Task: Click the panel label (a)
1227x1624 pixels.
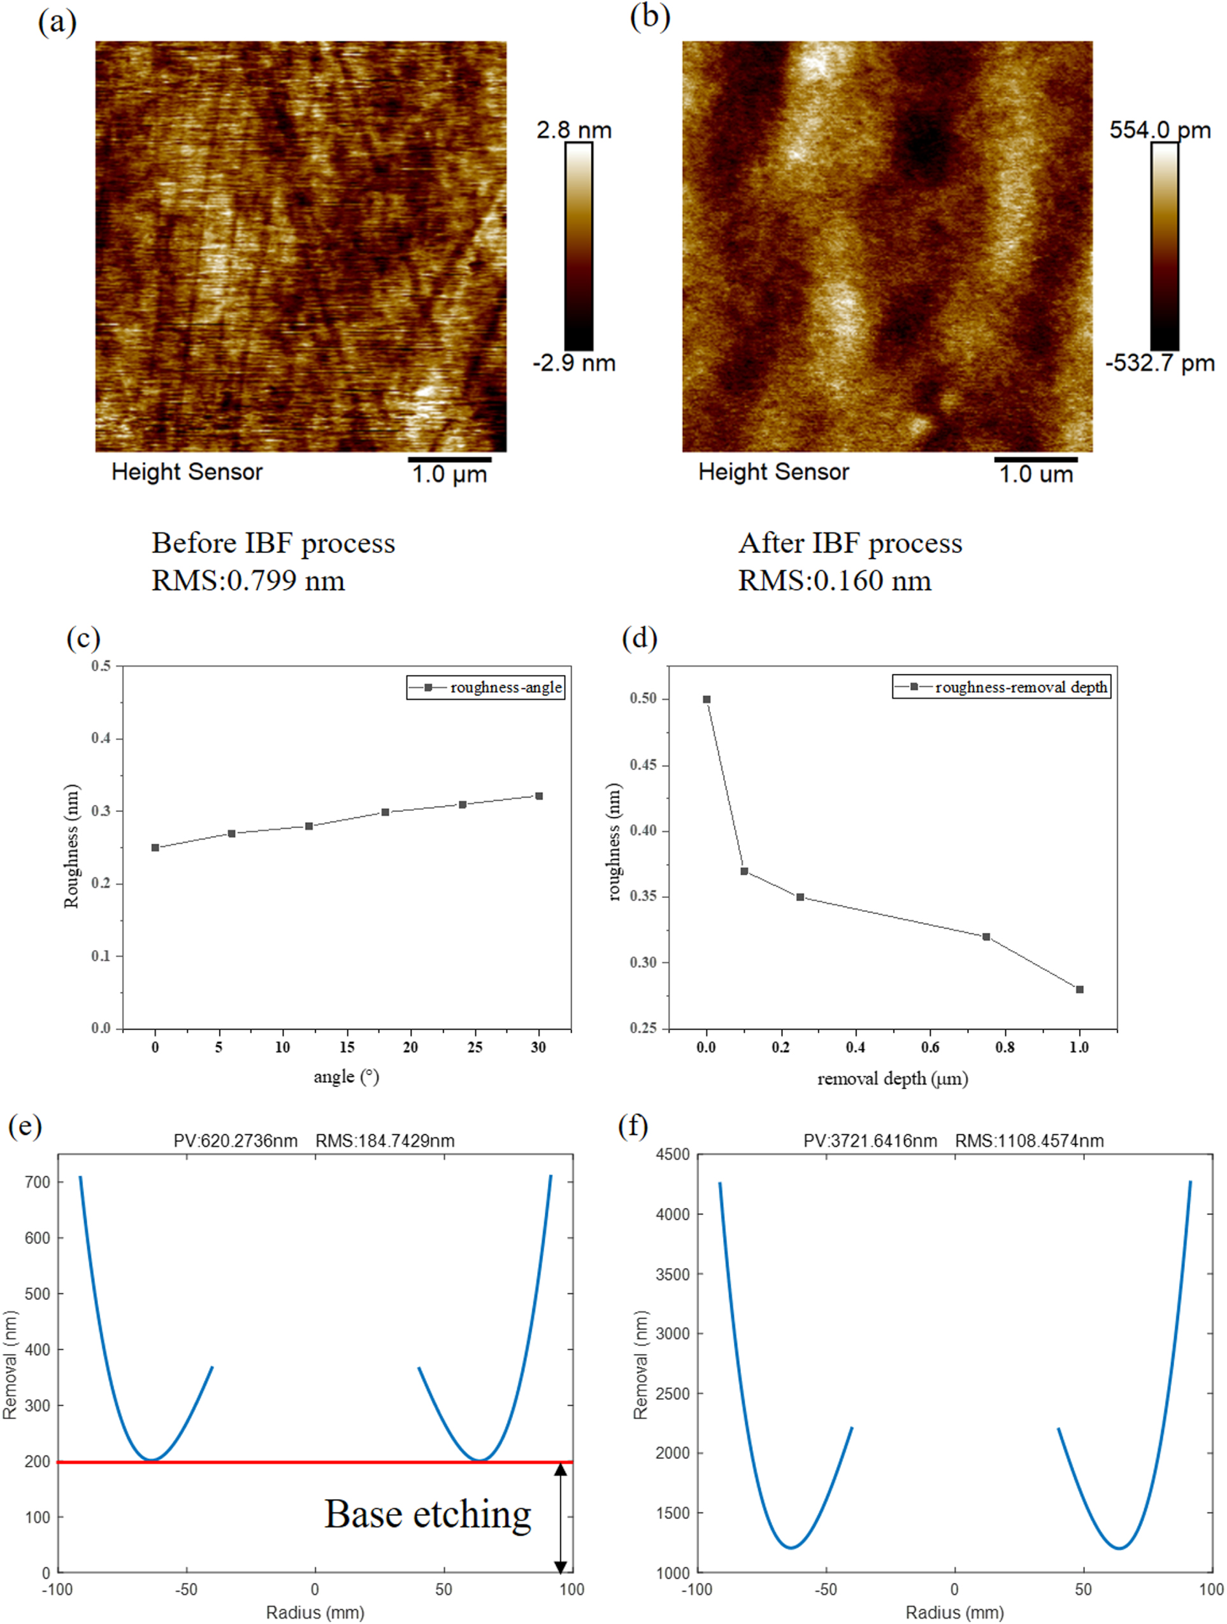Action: pos(57,23)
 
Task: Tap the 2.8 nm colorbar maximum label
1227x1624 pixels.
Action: pos(573,130)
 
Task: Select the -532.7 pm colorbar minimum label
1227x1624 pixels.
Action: pos(1160,362)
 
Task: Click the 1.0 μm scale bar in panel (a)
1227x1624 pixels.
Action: pos(449,460)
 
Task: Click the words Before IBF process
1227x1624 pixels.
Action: pos(273,543)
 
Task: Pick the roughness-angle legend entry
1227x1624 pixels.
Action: pos(486,687)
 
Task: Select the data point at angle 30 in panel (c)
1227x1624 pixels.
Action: pos(539,796)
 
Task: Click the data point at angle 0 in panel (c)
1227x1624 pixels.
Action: pos(155,847)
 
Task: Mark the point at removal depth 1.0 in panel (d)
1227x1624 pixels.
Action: pos(1079,989)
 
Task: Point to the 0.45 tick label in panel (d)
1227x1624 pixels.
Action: pos(643,765)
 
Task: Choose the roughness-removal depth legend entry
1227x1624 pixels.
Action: pos(1001,687)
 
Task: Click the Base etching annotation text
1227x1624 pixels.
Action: pos(428,1514)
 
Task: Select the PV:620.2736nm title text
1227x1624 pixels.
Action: pos(235,1140)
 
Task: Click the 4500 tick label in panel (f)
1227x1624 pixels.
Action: pos(672,1155)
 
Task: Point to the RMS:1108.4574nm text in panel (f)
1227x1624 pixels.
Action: pos(1029,1140)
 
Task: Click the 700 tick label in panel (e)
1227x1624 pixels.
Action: pos(38,1182)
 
